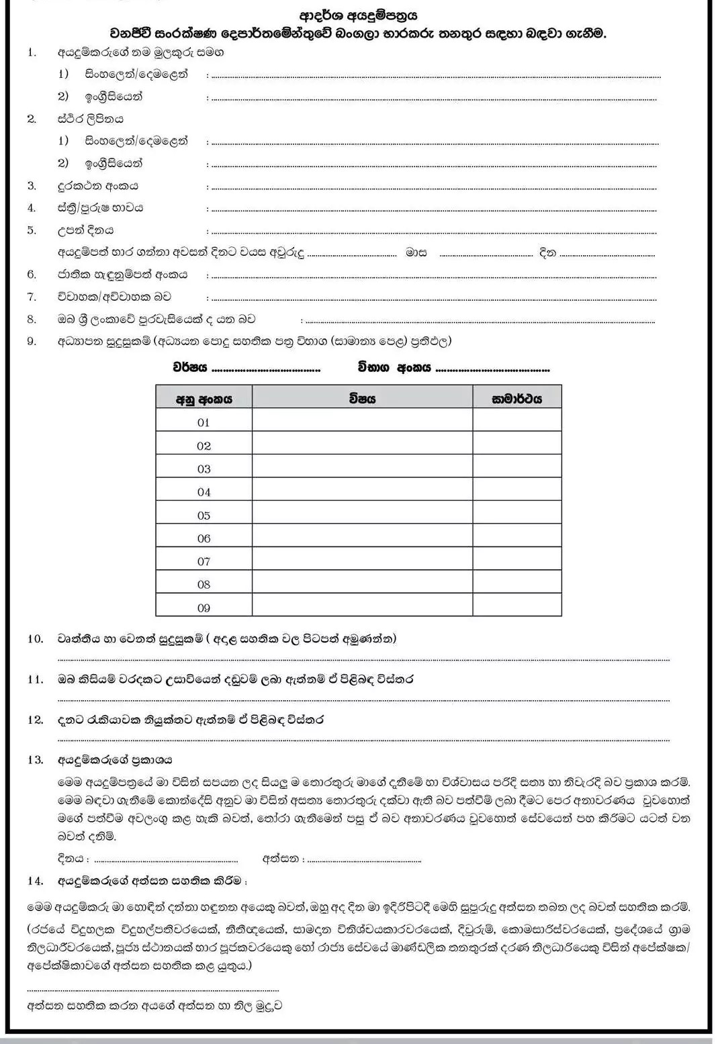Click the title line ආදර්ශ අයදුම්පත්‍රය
[358, 15]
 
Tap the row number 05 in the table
[204, 516]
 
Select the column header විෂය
[362, 398]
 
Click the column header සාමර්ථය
[516, 398]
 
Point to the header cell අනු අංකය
[204, 399]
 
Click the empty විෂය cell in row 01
[362, 422]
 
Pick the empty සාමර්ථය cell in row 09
[516, 606]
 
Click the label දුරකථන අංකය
[97, 186]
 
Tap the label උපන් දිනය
[85, 230]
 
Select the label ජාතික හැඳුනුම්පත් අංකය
[122, 275]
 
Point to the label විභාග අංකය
[394, 368]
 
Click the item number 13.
[35, 760]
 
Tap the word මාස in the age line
[416, 253]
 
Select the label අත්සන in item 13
[280, 859]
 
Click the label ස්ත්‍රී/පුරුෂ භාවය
[100, 208]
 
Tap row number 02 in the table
[204, 446]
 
